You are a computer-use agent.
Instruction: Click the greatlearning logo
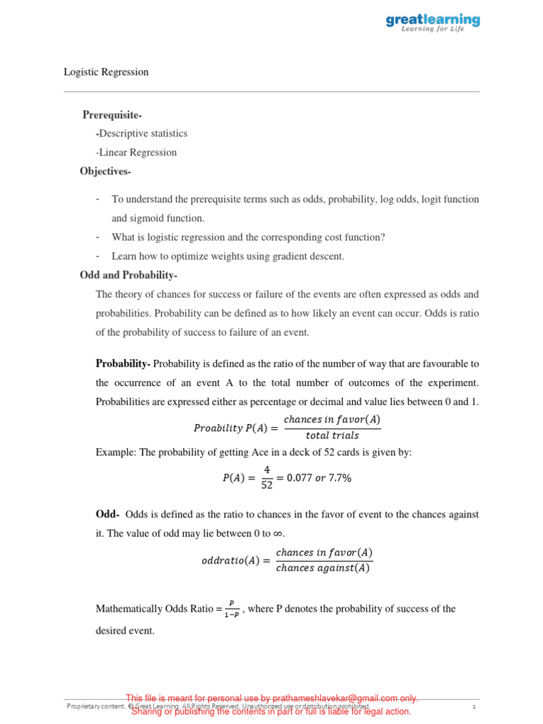click(432, 23)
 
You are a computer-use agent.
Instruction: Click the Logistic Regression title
click(106, 72)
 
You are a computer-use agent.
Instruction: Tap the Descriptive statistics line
click(142, 134)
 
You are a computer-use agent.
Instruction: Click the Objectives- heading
click(105, 172)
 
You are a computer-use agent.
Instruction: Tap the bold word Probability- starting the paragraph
click(123, 364)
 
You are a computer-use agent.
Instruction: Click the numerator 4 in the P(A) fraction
click(267, 469)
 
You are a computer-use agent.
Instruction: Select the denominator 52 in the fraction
click(267, 485)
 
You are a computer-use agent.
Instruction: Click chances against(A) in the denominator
click(323, 568)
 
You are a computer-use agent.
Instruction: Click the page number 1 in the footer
click(474, 706)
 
